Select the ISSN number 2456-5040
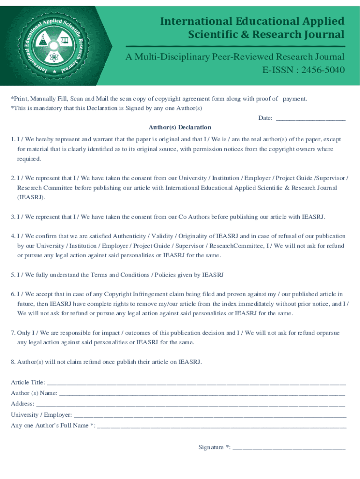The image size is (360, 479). click(323, 71)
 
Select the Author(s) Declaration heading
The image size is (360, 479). click(180, 127)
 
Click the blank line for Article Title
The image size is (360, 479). click(196, 383)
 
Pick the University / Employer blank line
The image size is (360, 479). click(210, 415)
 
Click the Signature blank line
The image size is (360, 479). click(289, 448)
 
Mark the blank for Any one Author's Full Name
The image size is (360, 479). click(222, 426)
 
